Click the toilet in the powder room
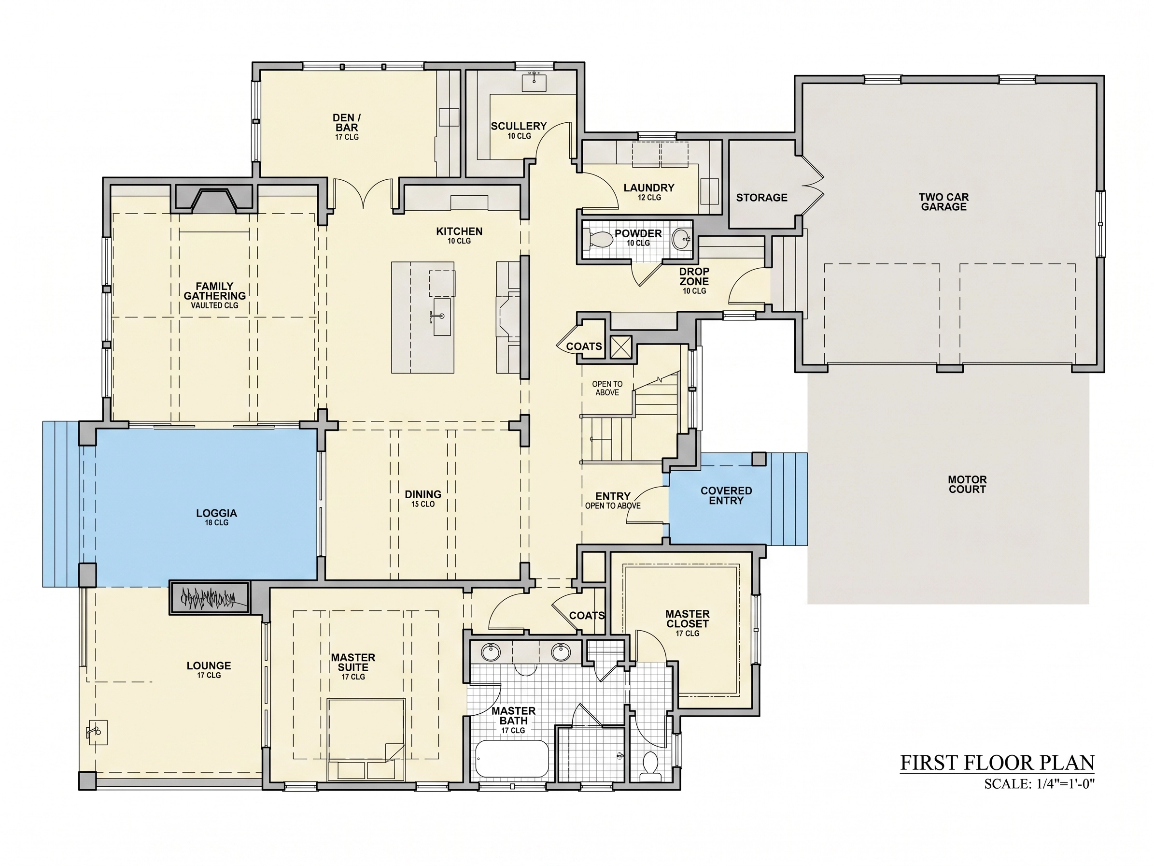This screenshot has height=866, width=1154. pyautogui.click(x=600, y=240)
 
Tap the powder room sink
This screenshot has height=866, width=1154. pyautogui.click(x=681, y=240)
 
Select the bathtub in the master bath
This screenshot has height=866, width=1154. pyautogui.click(x=512, y=758)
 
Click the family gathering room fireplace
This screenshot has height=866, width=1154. pyautogui.click(x=214, y=200)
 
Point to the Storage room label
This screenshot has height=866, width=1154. pyautogui.click(x=761, y=197)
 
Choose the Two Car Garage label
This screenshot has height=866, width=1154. pyautogui.click(x=944, y=202)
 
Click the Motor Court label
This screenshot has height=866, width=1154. pyautogui.click(x=967, y=484)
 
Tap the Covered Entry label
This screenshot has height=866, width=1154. pyautogui.click(x=726, y=495)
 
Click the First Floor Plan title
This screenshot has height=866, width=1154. pyautogui.click(x=998, y=763)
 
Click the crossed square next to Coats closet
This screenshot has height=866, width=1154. pyautogui.click(x=621, y=347)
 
